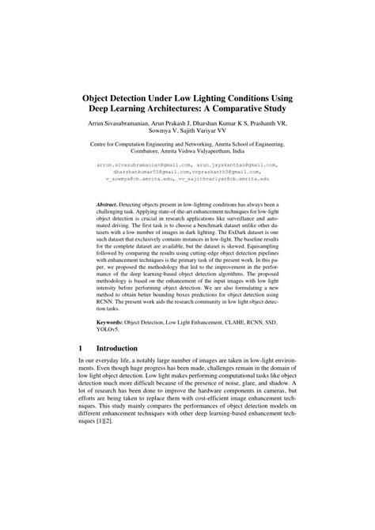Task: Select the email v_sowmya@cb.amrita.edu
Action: tap(137, 179)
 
